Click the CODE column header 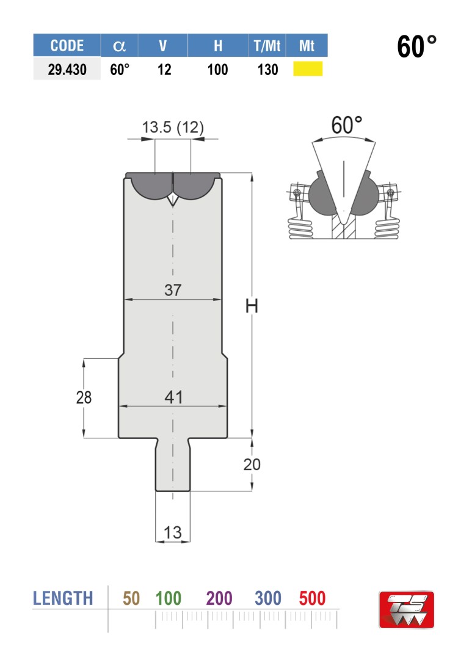point(67,45)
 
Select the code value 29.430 point(67,70)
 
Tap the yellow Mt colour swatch point(308,69)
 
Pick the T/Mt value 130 point(267,70)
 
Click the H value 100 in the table point(217,70)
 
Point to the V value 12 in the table point(164,70)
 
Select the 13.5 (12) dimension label point(173,127)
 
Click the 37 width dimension point(173,290)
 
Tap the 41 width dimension point(173,397)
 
